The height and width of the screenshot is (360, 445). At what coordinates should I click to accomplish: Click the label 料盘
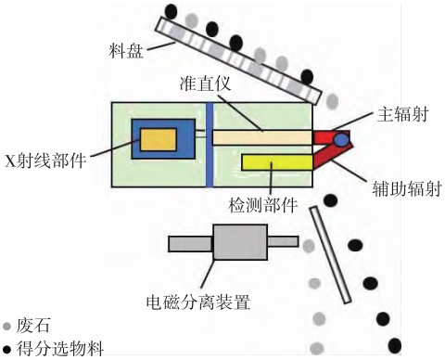point(126,51)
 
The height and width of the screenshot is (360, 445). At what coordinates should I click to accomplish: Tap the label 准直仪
point(206,83)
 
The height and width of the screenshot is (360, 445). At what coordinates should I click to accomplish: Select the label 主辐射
point(402,114)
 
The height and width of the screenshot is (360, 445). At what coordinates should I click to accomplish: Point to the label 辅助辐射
point(407,188)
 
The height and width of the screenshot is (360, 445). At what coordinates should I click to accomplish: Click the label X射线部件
point(45,161)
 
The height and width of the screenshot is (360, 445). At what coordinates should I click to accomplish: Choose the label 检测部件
point(262,204)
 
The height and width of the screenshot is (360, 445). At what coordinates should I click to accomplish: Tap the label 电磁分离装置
point(198,302)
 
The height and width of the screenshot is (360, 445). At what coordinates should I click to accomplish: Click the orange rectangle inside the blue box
point(159,140)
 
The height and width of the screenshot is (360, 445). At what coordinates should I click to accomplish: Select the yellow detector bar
point(277,162)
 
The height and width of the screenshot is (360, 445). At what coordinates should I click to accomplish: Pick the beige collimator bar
point(262,137)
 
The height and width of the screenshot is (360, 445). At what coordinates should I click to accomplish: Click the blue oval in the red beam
point(342,139)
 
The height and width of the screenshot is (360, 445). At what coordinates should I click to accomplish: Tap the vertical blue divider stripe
point(210,145)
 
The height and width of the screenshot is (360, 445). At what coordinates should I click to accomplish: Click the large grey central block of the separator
point(240,242)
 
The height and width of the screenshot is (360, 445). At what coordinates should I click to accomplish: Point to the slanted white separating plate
point(331,255)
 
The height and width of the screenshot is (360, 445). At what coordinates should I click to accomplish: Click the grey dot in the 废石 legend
point(6,326)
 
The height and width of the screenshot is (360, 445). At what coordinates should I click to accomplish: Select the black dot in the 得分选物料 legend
point(6,350)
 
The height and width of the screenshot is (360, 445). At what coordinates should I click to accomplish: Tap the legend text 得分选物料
point(60,349)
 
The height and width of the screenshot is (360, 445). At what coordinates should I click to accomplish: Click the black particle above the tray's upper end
point(171,11)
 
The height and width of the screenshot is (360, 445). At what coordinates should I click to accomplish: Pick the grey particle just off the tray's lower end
point(332,101)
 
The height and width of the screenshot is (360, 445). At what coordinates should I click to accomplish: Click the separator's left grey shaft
point(191,244)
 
